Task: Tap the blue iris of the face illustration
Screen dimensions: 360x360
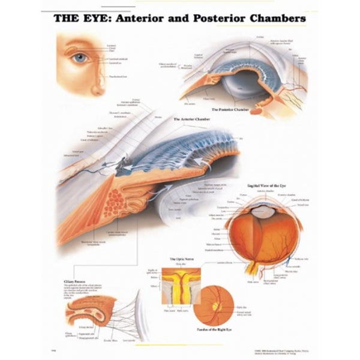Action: pyautogui.click(x=80, y=58)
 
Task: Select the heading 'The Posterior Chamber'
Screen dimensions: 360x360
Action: pyautogui.click(x=231, y=110)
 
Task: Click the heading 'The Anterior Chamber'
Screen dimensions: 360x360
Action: pyautogui.click(x=190, y=119)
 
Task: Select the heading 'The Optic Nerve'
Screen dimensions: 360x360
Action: pyautogui.click(x=179, y=259)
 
